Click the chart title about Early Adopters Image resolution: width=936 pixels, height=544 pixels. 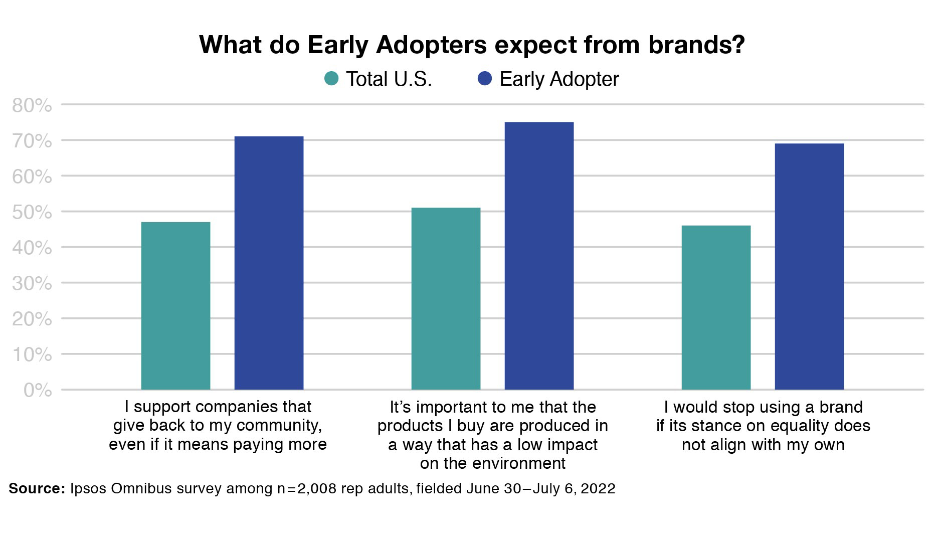pos(472,45)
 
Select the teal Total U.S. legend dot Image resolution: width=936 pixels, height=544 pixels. pos(331,79)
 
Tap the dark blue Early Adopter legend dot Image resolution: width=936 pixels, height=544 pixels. pos(485,79)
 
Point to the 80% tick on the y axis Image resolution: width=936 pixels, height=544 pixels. pos(32,106)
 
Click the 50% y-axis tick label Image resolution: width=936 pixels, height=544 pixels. pos(32,213)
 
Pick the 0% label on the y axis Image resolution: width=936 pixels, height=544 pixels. pos(38,391)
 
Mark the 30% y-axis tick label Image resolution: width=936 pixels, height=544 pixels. pos(32,284)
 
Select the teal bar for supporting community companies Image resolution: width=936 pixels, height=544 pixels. pos(175,306)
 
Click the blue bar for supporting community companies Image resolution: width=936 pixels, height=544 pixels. pos(269,263)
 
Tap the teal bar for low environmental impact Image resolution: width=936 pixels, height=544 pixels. pos(446,299)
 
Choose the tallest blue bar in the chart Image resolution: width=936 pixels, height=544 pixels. pos(539,256)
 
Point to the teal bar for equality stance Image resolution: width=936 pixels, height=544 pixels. pos(716,307)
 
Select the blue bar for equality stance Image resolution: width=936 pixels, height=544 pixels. pos(809,267)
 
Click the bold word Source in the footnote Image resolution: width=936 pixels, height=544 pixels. pos(37,488)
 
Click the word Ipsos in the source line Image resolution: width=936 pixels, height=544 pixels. pos(88,488)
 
